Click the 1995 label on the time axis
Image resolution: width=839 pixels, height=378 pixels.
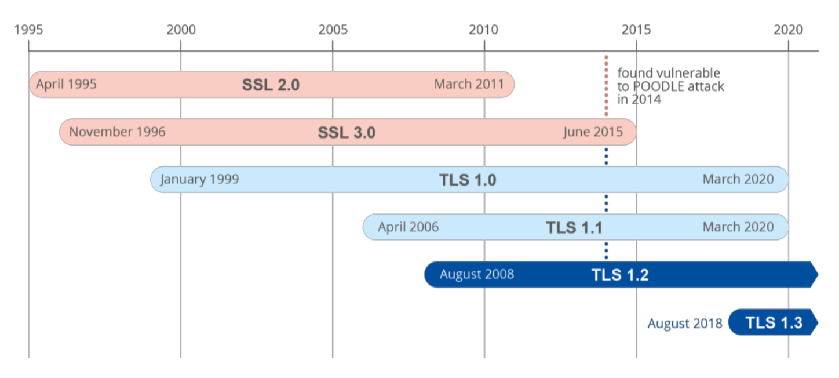[x=28, y=30]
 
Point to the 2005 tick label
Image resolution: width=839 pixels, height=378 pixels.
[x=333, y=30]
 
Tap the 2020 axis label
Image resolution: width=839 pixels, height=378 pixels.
[x=788, y=30]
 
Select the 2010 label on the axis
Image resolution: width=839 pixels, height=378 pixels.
[x=484, y=30]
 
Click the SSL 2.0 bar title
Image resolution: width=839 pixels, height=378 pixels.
[x=271, y=85]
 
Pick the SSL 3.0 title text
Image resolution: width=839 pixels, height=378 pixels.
[x=346, y=133]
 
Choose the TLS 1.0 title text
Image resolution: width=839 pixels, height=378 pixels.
[x=468, y=180]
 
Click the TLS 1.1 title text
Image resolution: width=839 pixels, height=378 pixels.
[x=574, y=227]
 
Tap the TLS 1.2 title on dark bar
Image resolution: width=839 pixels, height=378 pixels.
[x=620, y=275]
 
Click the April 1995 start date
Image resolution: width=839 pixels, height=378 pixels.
[x=66, y=85]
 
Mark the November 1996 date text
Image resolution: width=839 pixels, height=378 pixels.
[x=117, y=132]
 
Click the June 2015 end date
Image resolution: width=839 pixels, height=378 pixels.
[x=593, y=132]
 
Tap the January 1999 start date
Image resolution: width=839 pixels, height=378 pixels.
[x=199, y=179]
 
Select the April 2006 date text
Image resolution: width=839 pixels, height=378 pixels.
[x=408, y=227]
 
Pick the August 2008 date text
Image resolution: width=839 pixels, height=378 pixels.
[x=476, y=274]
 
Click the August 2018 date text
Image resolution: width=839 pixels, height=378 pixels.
[x=685, y=324]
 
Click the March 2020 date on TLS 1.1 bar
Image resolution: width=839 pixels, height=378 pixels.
[x=738, y=227]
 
